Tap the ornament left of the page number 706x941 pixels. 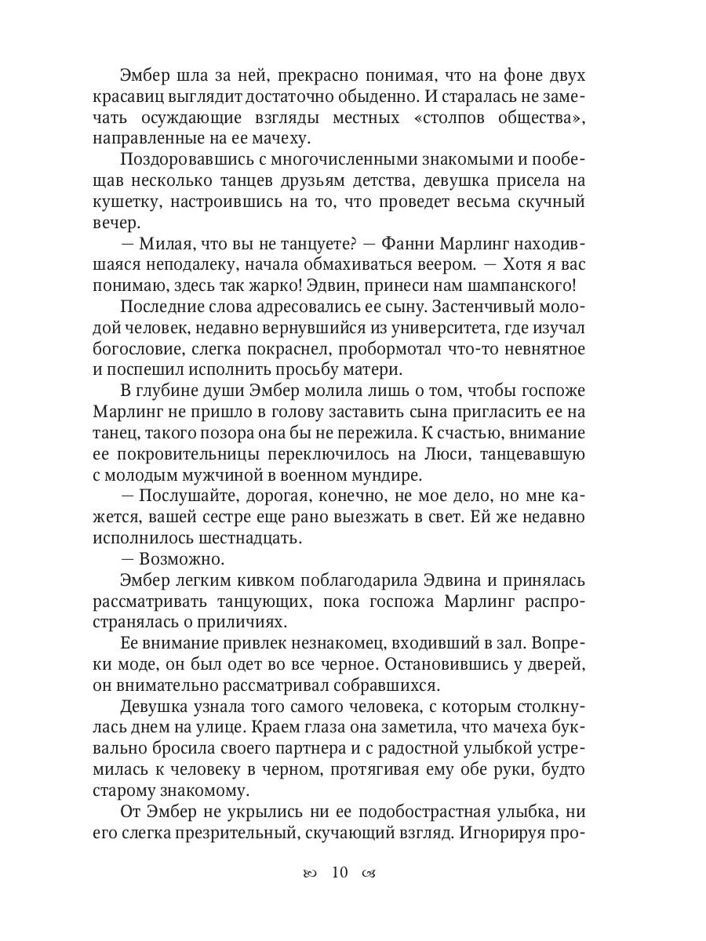[x=309, y=874]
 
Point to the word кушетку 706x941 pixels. [x=155, y=202]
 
